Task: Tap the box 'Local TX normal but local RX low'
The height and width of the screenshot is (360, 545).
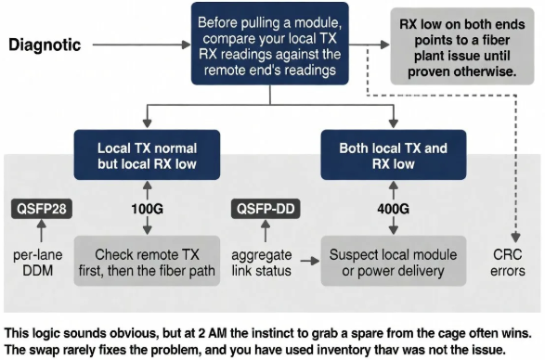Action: point(145,155)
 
